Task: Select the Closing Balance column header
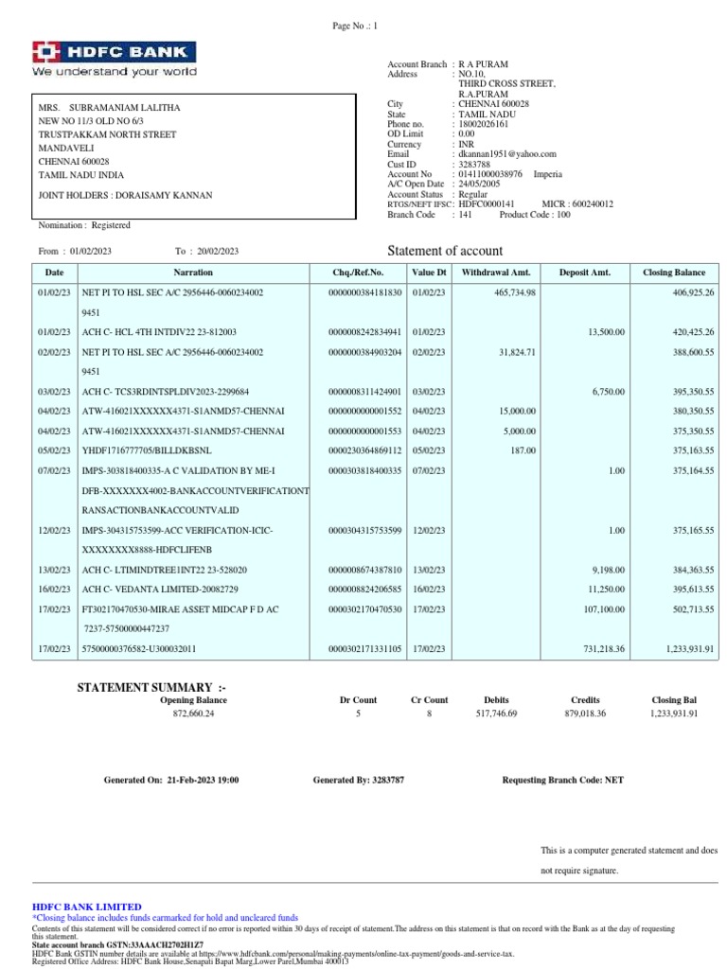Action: (x=674, y=273)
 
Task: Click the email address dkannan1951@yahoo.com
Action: (x=506, y=153)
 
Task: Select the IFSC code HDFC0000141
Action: (x=487, y=203)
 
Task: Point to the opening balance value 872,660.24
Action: (x=193, y=714)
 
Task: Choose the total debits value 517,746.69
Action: (x=496, y=714)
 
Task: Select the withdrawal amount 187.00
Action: (x=523, y=451)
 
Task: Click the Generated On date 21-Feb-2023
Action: (x=203, y=780)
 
